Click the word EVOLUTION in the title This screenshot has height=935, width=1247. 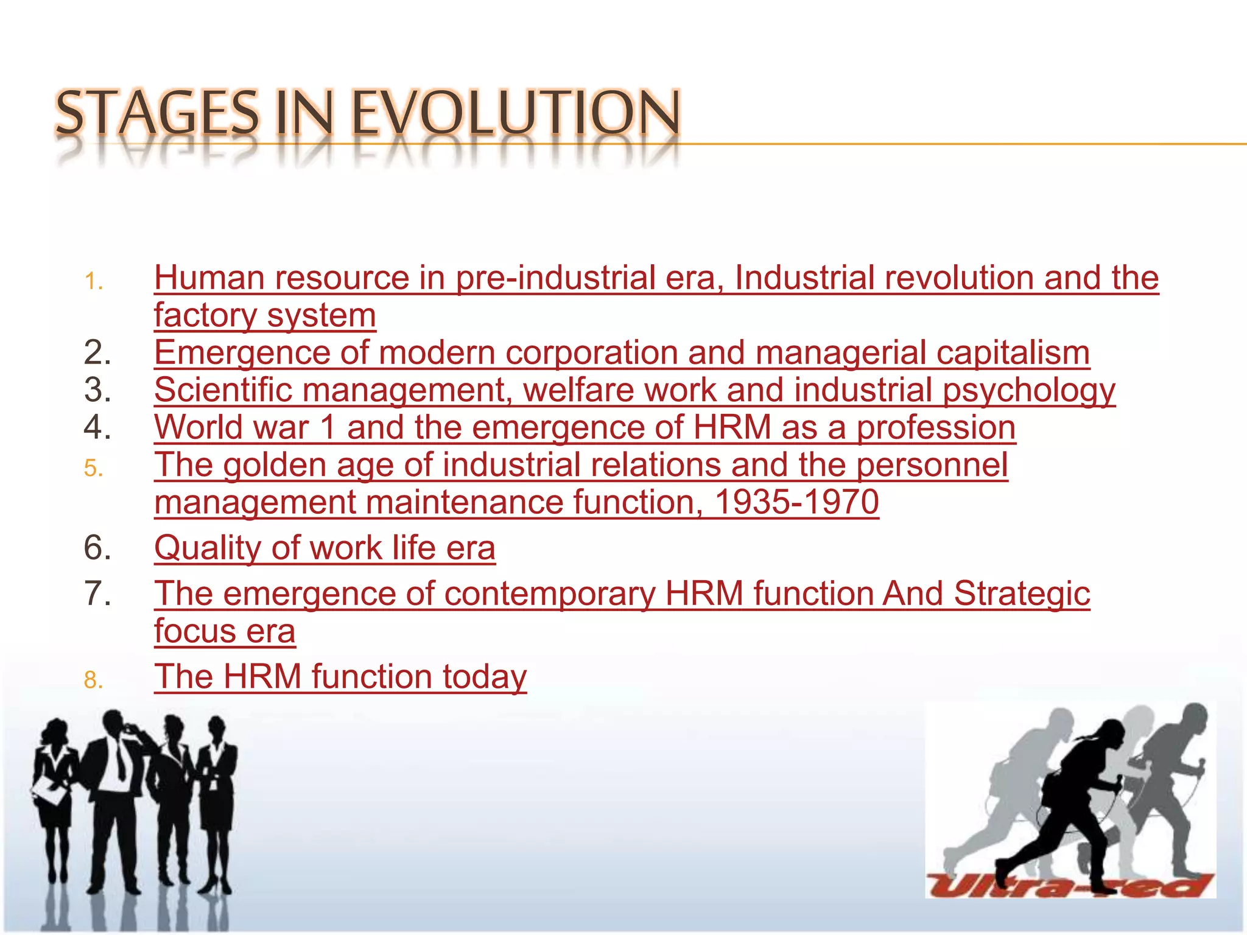click(515, 113)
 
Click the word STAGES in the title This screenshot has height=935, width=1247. click(157, 113)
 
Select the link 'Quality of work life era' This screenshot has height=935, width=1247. click(325, 548)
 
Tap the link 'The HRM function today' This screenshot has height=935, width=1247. click(340, 676)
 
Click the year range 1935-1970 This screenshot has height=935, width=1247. click(796, 502)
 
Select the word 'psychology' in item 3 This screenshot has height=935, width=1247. click(1028, 391)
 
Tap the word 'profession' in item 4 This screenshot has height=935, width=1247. click(936, 427)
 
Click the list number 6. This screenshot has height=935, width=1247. click(97, 547)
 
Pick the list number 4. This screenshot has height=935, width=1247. click(97, 427)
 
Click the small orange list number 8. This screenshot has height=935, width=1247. click(94, 680)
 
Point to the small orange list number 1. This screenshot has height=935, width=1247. click(94, 282)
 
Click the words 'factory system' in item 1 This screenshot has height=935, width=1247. click(265, 315)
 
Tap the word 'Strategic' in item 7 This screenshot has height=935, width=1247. click(1022, 594)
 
